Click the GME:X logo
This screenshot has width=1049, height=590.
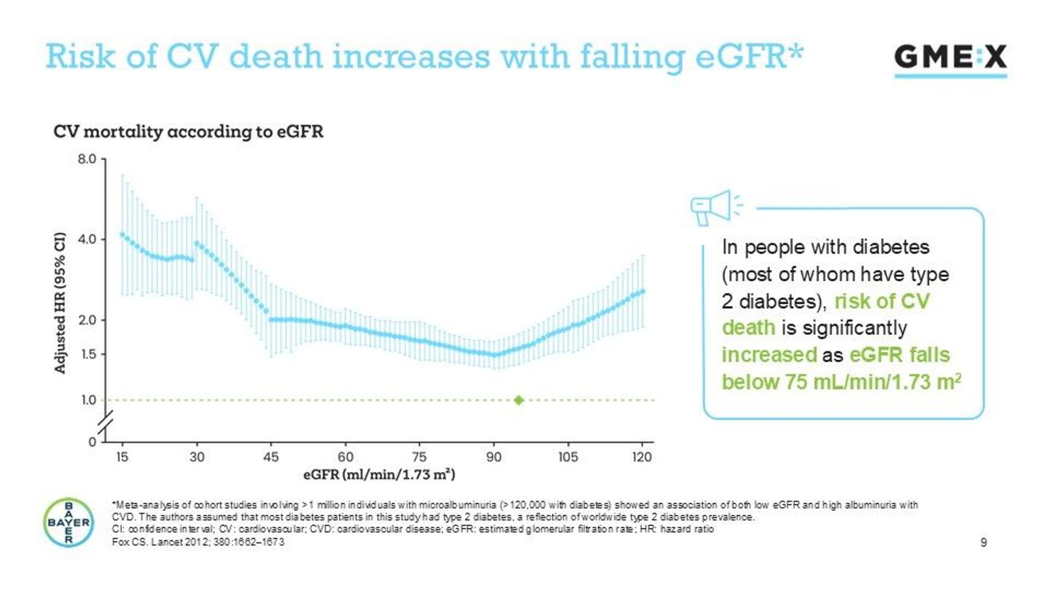click(950, 58)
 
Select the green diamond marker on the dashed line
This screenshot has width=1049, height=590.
click(519, 400)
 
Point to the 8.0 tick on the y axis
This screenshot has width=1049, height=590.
click(87, 158)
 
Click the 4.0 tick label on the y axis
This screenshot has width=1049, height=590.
click(87, 238)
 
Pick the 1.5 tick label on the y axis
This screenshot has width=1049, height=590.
click(87, 355)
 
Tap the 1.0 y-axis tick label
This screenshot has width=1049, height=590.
click(87, 400)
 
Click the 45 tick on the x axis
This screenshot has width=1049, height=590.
click(270, 457)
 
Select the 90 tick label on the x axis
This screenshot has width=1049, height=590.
click(494, 457)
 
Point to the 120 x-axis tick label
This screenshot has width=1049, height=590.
click(642, 457)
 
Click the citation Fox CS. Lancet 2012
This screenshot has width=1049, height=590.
click(197, 544)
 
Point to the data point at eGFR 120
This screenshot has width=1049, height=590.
click(642, 291)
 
